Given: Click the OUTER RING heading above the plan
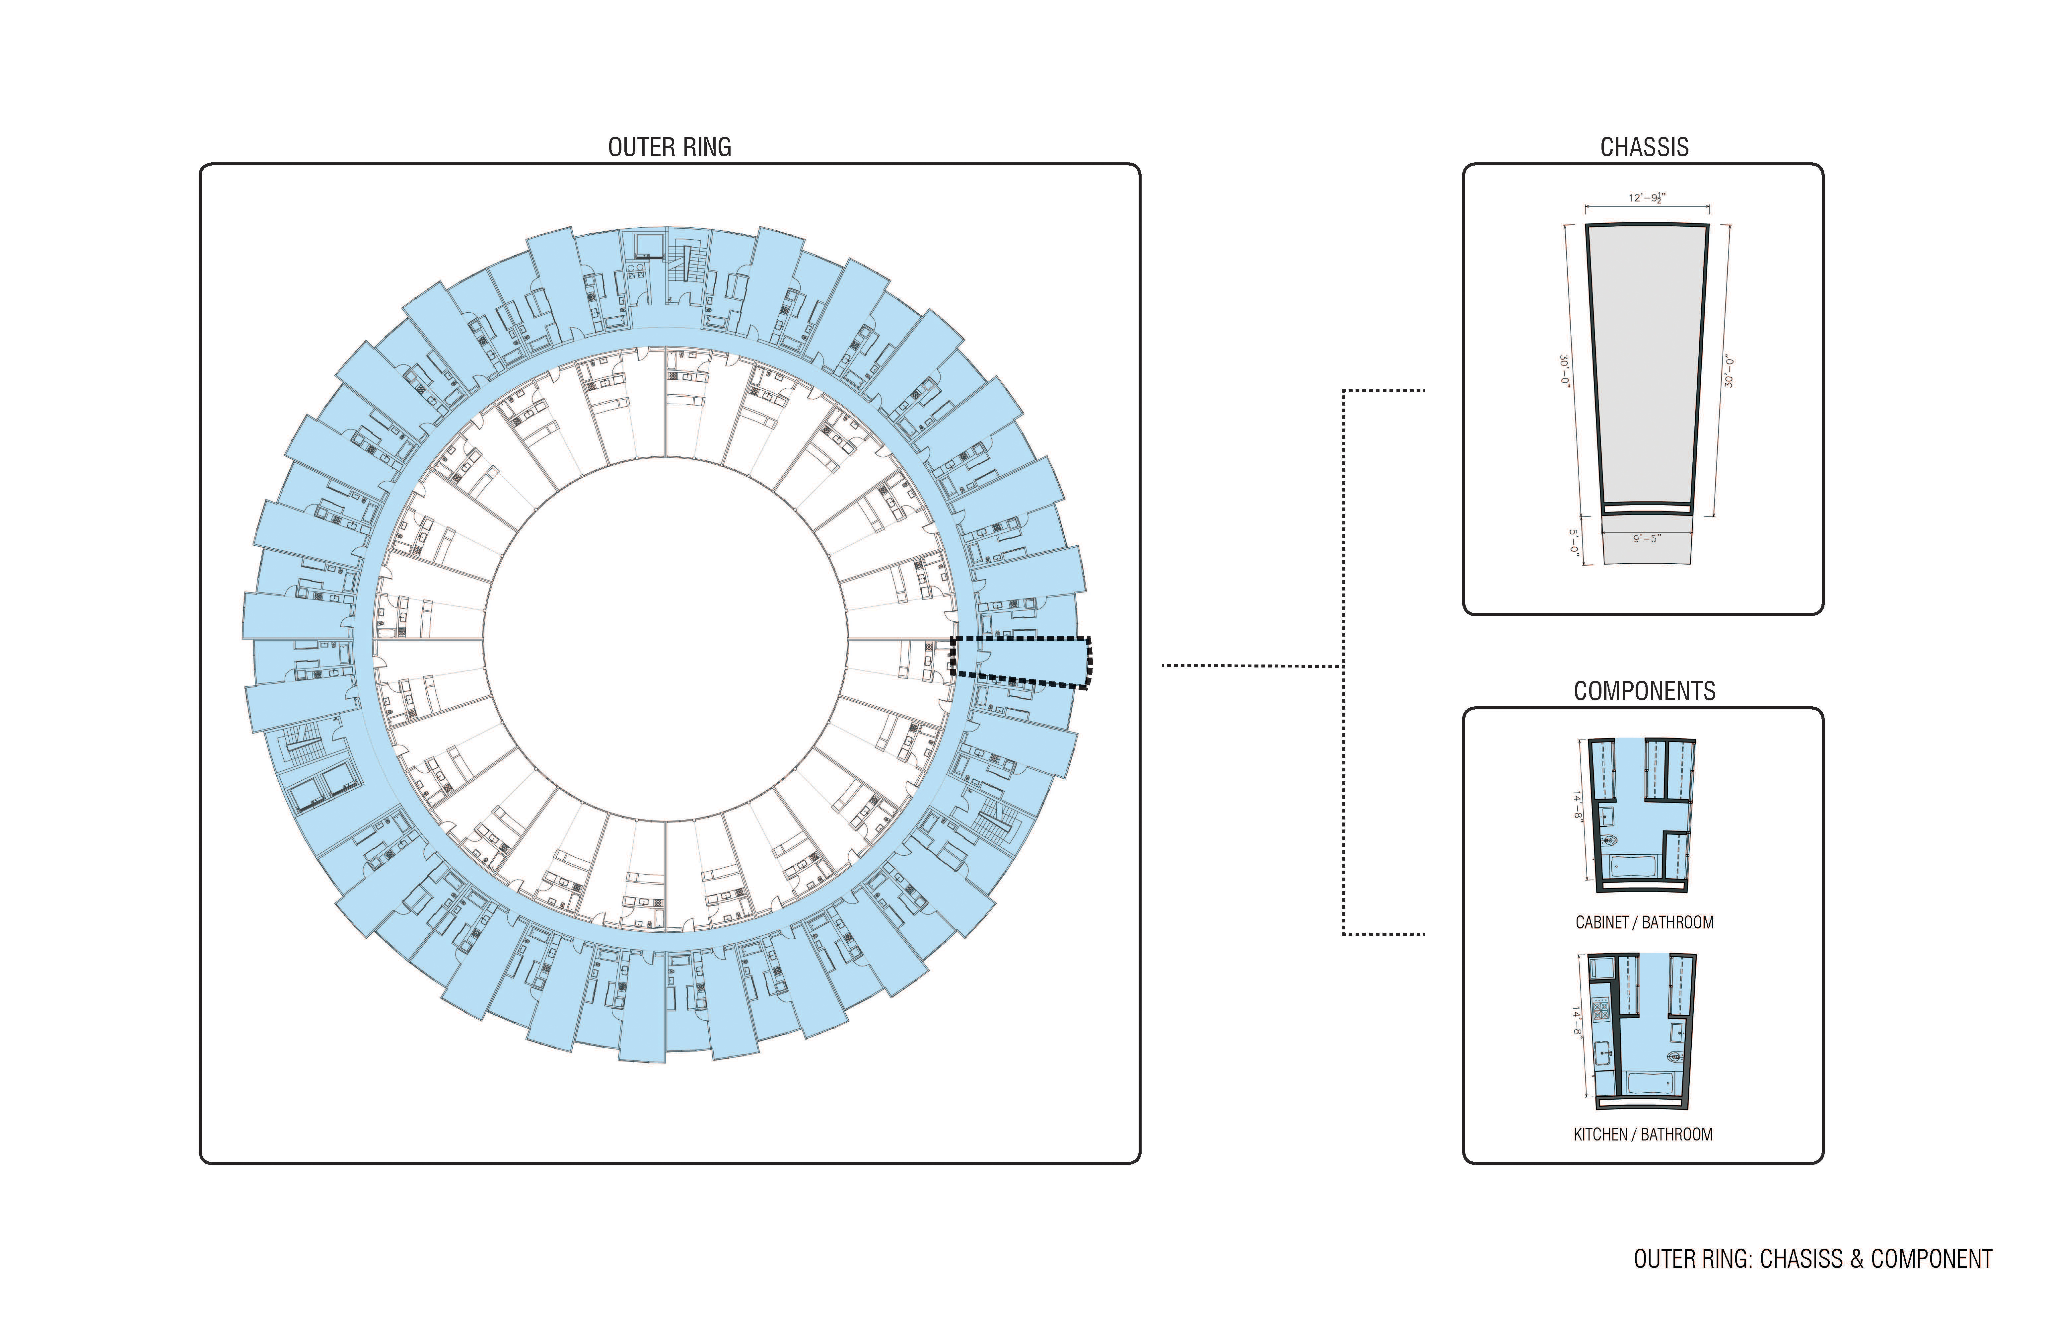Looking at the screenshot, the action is [670, 148].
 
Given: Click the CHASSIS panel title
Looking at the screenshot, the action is [1644, 148].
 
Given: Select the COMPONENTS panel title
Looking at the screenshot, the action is [1644, 691].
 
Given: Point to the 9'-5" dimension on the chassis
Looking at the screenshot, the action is [1647, 538].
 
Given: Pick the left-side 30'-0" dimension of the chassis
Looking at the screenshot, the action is [1564, 371].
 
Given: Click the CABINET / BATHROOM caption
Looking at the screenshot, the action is [1644, 922].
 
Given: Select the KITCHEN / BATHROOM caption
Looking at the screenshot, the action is [1643, 1135].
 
